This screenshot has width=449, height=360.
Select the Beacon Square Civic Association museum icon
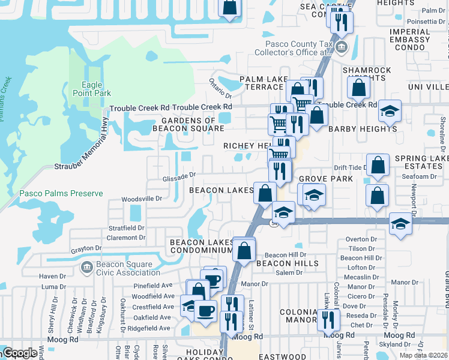pos(86,265)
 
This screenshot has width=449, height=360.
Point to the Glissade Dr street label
pos(179,176)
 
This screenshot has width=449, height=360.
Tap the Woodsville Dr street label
pos(142,198)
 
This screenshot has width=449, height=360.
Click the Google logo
pos(19,353)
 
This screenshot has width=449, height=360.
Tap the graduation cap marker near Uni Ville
pos(390,112)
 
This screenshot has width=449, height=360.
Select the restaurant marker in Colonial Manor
pos(328,319)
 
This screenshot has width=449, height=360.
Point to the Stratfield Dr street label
pos(126,228)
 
